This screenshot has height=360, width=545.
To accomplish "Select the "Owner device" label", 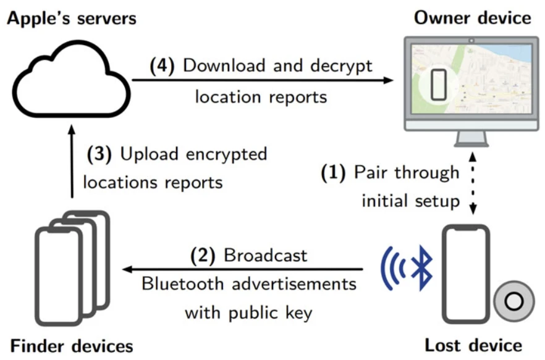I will pos(473,18).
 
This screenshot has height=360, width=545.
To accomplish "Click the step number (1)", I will pos(334,173).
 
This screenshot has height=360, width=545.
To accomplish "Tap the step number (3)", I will pos(99,154).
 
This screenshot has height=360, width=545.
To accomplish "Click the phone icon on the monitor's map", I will pos(438,84).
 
